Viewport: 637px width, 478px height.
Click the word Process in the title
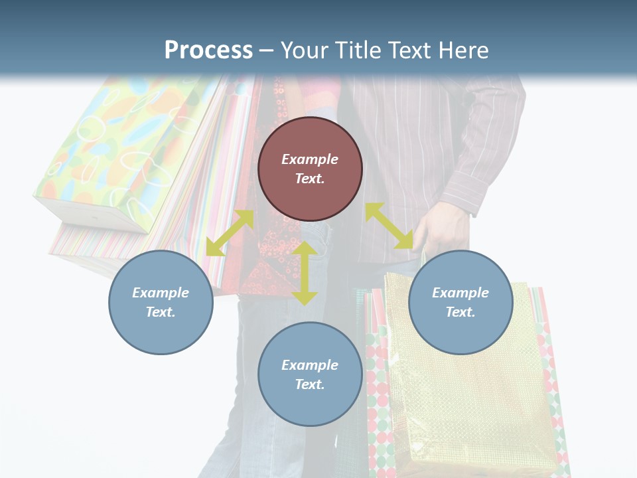pyautogui.click(x=208, y=50)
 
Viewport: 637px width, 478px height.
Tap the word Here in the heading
pyautogui.click(x=464, y=50)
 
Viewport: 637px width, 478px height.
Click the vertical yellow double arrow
pyautogui.click(x=305, y=274)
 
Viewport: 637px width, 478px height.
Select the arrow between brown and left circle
pyautogui.click(x=230, y=233)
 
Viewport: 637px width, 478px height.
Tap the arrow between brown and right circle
pyautogui.click(x=389, y=226)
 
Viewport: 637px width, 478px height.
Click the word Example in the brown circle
pyautogui.click(x=310, y=159)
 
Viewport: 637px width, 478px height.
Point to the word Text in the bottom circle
pyautogui.click(x=309, y=384)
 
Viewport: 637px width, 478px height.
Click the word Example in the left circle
pyautogui.click(x=161, y=293)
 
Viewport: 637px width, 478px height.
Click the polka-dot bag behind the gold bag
pyautogui.click(x=378, y=398)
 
